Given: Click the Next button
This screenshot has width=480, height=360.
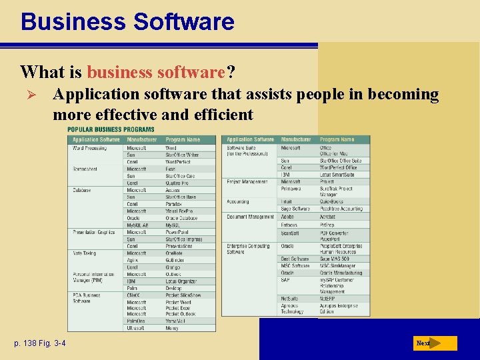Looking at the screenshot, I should [x=434, y=343].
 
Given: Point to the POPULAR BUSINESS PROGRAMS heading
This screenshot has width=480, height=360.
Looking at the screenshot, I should [x=111, y=129].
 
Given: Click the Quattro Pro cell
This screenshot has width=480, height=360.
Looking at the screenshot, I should [x=177, y=183].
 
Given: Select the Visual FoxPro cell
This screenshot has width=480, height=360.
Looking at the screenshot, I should [x=179, y=211].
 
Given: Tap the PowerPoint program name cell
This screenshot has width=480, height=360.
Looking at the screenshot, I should [x=178, y=232].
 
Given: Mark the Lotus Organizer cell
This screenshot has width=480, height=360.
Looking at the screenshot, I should [x=182, y=281].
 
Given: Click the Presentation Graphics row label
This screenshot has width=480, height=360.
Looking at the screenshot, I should [x=94, y=232].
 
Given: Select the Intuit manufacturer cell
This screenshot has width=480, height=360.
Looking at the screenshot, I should [x=287, y=201].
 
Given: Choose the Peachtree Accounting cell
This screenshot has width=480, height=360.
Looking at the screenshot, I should [x=341, y=209].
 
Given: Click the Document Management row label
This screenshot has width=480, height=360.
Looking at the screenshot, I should [x=250, y=217].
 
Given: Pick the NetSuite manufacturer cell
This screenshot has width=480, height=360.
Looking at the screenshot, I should [x=289, y=299].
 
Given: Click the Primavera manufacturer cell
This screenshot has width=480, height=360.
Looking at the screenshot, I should [x=291, y=189].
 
